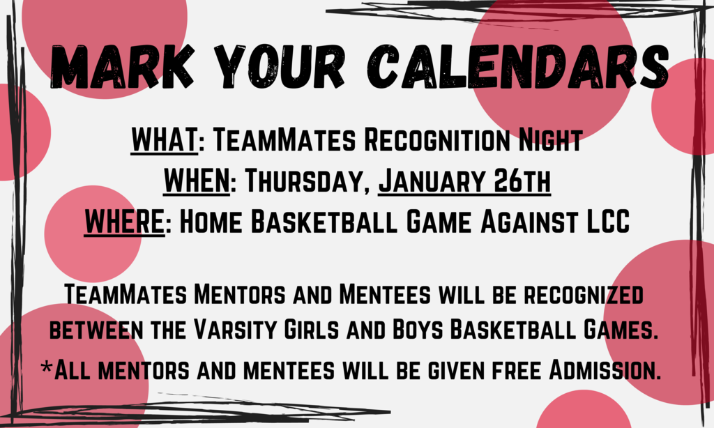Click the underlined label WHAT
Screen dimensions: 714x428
point(165,140)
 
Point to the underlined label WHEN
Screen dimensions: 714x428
point(197,181)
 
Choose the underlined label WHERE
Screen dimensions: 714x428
point(124,222)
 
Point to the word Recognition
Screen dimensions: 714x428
point(437,140)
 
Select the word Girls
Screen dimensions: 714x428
point(312,329)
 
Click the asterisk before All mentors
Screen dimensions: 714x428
point(46,366)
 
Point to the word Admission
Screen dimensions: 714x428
point(605,369)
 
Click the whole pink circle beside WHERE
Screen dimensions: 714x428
point(93,234)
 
